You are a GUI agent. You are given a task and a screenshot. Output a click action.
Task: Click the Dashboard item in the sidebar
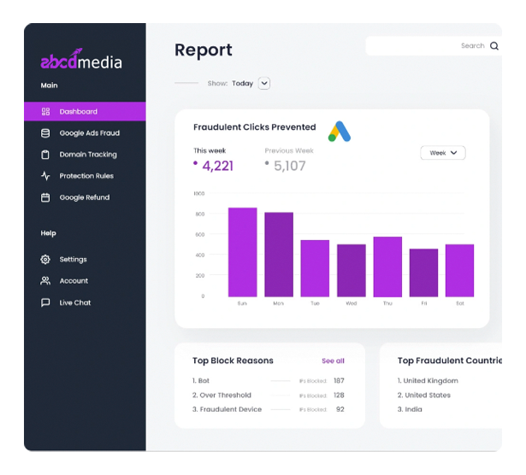coord(78,112)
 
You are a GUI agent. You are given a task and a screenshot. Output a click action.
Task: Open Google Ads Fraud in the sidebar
coord(89,133)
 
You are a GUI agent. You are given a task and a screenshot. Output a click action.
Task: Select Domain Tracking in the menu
coord(87,155)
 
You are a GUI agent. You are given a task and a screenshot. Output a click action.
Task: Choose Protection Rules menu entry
coord(86,176)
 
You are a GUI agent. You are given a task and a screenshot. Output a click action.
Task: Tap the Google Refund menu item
coord(84,197)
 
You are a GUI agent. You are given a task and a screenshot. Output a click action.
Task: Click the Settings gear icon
coord(46,260)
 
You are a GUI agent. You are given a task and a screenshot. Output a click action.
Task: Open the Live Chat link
coord(74,302)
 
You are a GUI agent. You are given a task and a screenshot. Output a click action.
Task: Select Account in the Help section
coord(74,281)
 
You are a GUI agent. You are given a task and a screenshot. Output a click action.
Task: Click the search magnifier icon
coord(493,46)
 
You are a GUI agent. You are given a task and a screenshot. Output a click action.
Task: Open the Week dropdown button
coord(442,153)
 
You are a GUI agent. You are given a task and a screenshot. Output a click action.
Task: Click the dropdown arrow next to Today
coord(264,84)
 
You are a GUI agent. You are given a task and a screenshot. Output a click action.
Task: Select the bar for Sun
coord(242,252)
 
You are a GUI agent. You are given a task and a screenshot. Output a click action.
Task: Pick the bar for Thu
coord(387,267)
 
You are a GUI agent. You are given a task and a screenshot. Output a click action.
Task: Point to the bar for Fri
coord(423,273)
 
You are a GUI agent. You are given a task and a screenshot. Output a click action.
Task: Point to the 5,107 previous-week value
coord(289,166)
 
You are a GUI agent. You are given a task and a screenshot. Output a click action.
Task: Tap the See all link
coord(333,361)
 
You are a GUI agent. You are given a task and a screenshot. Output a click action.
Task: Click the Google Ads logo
coord(340,131)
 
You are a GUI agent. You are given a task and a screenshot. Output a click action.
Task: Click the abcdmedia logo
coord(82,61)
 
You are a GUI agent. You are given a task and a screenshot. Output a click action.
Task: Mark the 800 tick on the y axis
coord(198,214)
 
